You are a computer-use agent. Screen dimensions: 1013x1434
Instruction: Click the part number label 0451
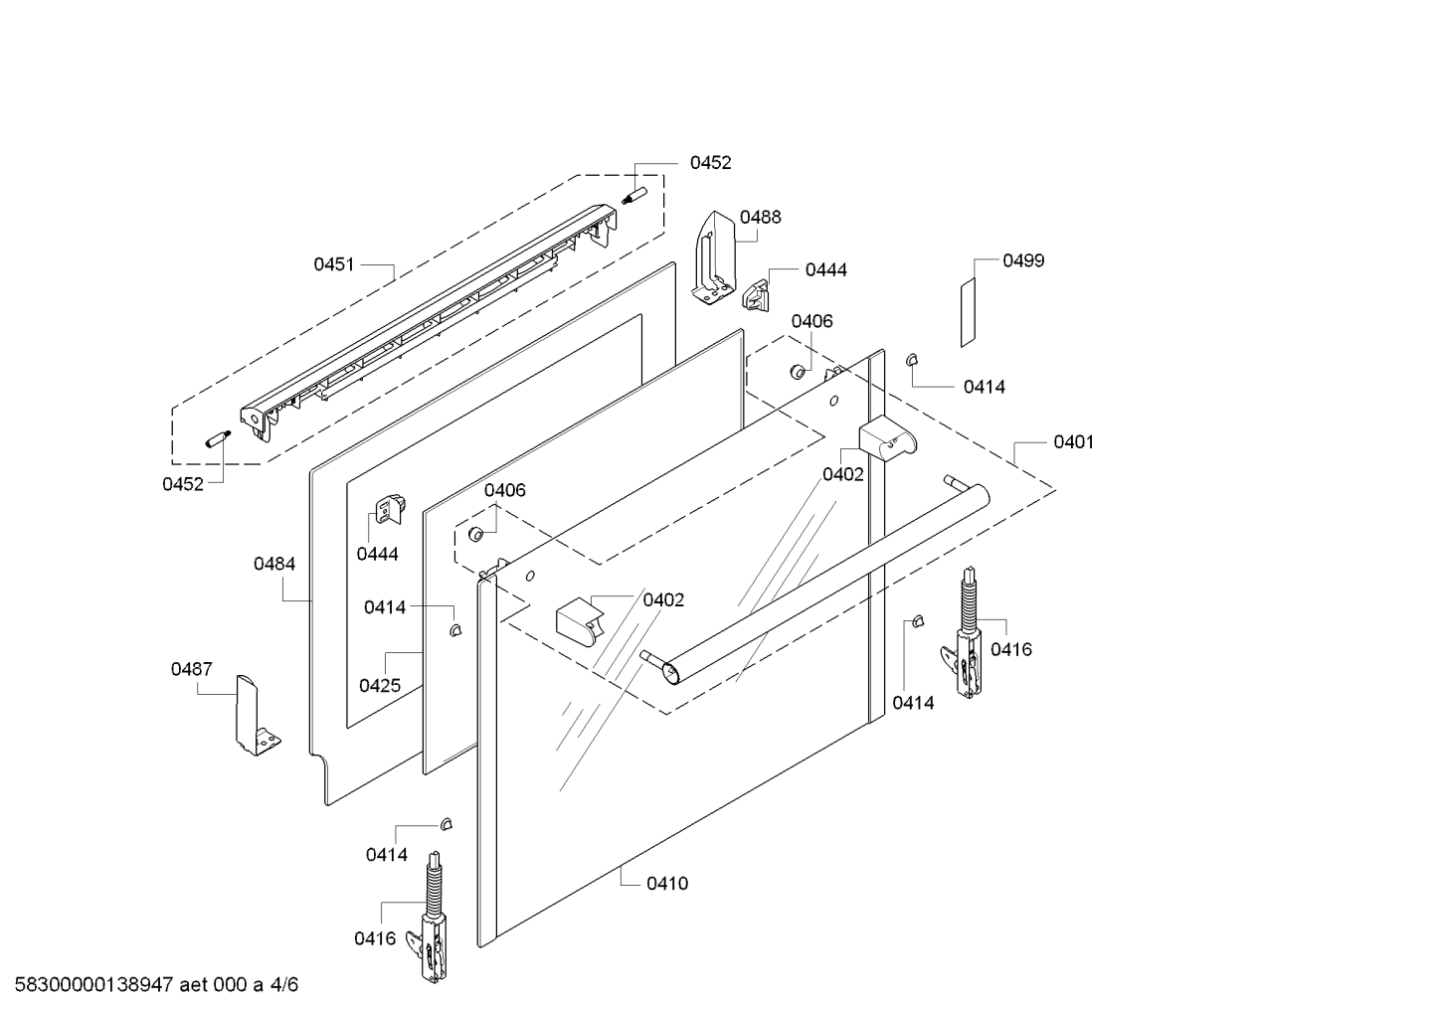point(334,264)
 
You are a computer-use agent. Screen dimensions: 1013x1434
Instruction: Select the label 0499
point(1023,260)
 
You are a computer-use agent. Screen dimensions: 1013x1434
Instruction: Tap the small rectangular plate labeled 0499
point(968,312)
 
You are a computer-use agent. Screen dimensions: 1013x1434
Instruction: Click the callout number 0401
point(1073,441)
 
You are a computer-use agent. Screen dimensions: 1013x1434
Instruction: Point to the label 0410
point(666,883)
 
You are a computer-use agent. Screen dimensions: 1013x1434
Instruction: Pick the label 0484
point(273,564)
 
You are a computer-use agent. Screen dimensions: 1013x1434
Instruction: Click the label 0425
point(380,685)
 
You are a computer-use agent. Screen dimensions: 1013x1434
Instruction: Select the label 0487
point(191,669)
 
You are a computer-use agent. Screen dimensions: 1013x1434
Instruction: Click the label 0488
point(760,217)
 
